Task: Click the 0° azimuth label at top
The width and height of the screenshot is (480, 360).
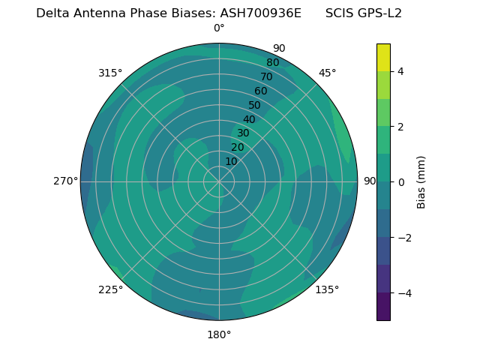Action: click(x=219, y=28)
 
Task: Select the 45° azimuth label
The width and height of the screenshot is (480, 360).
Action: click(x=327, y=73)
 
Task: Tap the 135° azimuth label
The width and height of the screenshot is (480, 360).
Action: click(x=327, y=289)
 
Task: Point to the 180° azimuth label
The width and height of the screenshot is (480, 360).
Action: click(x=219, y=334)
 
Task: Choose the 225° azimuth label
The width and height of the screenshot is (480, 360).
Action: click(x=110, y=289)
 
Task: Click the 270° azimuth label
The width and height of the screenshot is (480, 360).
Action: click(x=65, y=181)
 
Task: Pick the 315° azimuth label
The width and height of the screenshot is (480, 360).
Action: click(x=110, y=73)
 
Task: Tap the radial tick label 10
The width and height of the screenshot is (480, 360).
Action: click(x=231, y=161)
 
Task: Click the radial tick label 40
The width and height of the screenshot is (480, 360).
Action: click(x=249, y=119)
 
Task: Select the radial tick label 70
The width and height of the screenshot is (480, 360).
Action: click(x=267, y=76)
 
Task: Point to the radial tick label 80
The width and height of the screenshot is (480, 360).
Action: click(x=273, y=63)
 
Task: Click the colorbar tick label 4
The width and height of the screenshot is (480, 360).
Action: click(x=400, y=71)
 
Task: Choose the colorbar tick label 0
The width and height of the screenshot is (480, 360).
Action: click(x=400, y=182)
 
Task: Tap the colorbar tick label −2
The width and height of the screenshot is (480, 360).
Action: click(x=403, y=238)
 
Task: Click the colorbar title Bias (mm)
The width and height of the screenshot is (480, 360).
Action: click(x=421, y=182)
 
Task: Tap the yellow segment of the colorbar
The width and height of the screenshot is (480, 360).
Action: click(x=383, y=58)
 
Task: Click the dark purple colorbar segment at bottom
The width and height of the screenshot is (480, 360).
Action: click(x=383, y=307)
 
